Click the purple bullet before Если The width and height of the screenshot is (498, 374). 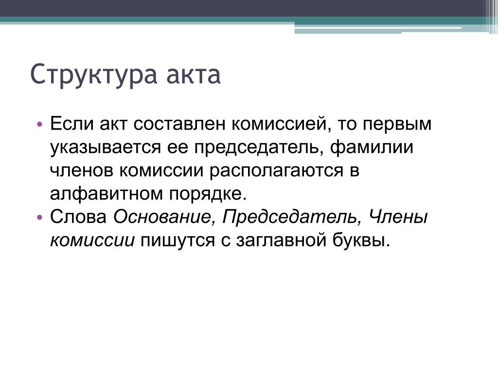39,124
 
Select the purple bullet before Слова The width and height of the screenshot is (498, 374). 39,218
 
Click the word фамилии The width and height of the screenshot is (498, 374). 372,147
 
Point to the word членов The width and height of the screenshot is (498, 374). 82,171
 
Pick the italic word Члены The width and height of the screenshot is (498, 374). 398,217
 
